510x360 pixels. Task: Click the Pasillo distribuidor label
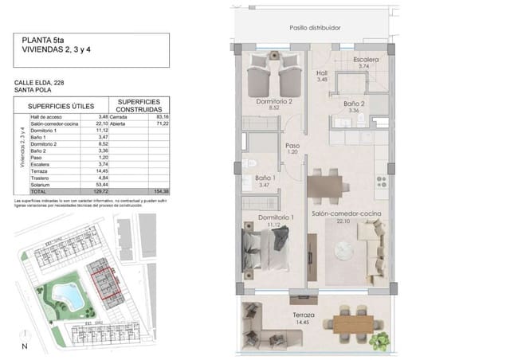click(x=315, y=27)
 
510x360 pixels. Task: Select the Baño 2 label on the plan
click(x=354, y=104)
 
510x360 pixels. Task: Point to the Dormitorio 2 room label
click(x=274, y=103)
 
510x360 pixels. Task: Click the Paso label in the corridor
click(x=292, y=147)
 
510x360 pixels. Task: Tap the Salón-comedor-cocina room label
click(x=345, y=215)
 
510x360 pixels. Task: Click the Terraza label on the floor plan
click(x=303, y=315)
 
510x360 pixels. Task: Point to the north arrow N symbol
click(x=25, y=345)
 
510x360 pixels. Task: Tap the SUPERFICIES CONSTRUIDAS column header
click(x=140, y=106)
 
